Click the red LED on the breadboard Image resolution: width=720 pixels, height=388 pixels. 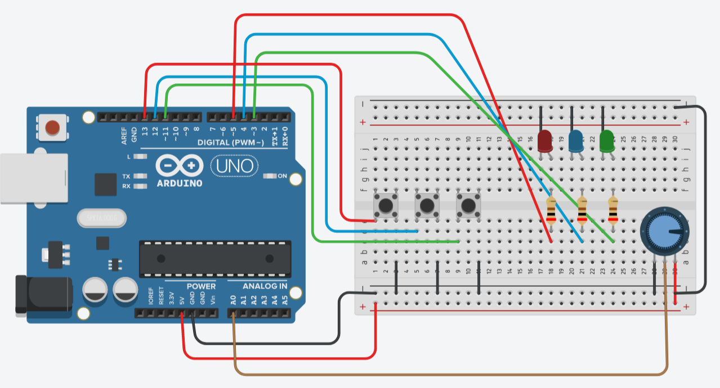[x=545, y=141]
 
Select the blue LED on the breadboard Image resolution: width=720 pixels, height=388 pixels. [x=576, y=141]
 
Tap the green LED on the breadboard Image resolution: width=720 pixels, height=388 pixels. [x=607, y=141]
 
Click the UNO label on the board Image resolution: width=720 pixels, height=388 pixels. [x=235, y=166]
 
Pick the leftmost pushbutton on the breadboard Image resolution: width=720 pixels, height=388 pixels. [x=386, y=205]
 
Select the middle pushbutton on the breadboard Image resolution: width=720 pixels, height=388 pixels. [x=427, y=206]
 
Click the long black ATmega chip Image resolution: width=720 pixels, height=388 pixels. [x=216, y=259]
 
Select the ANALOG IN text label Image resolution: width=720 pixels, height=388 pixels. [x=265, y=286]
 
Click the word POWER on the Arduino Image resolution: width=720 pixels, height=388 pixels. [x=201, y=286]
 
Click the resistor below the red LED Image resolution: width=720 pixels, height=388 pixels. [x=551, y=211]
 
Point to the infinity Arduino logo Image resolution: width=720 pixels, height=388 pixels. [x=179, y=166]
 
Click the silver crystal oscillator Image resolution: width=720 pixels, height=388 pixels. [x=103, y=218]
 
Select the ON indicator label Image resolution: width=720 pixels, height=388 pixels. [x=282, y=176]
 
